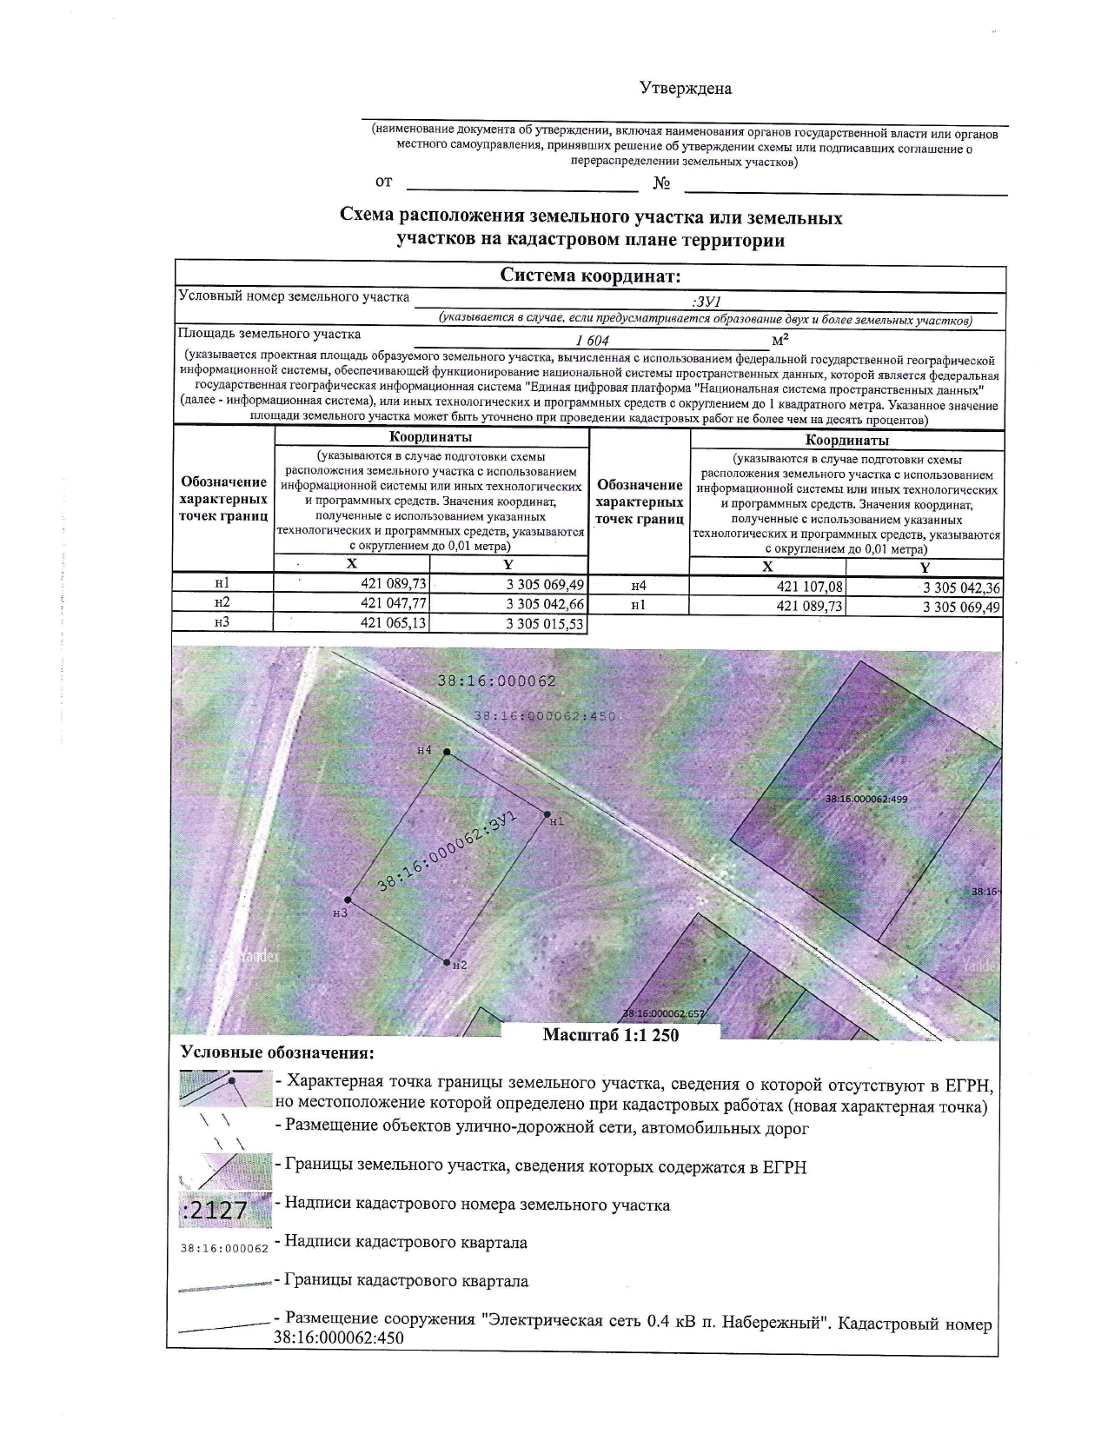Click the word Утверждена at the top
coord(686,89)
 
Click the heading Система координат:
coord(590,276)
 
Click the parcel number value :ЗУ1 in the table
coord(706,302)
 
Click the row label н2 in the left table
coord(222,602)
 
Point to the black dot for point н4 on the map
coord(447,752)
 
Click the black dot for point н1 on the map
coord(547,815)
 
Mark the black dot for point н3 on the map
coord(348,900)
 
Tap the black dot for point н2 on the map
coord(447,962)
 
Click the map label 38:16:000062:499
coord(866,798)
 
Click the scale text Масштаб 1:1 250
coord(610,1035)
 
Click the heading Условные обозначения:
coord(277,1053)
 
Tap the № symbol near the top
coord(661,183)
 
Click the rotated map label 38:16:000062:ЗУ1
coord(448,852)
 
